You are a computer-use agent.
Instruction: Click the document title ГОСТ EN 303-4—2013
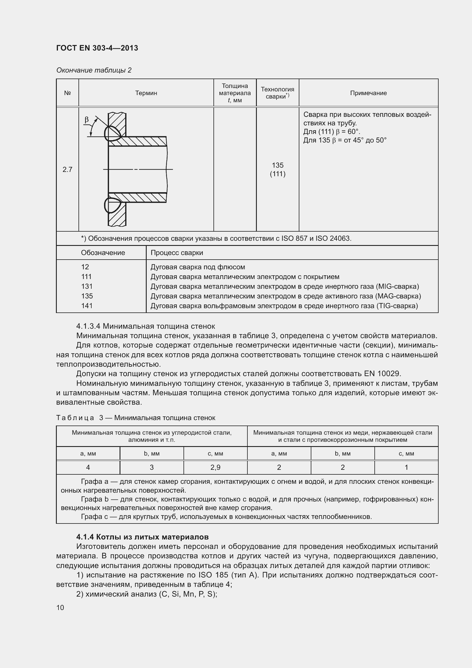(97, 48)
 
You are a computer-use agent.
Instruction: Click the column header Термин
(146, 93)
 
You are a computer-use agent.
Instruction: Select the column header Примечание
(368, 93)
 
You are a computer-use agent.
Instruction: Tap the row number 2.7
(67, 169)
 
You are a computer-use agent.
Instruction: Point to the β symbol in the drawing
(87, 120)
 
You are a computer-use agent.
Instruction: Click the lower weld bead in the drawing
(112, 205)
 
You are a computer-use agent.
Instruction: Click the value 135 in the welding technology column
(278, 165)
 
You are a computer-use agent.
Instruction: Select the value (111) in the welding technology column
(278, 174)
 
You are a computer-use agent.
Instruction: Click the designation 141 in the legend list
(87, 306)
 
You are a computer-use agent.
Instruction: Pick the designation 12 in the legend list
(85, 267)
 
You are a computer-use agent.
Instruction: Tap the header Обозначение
(103, 252)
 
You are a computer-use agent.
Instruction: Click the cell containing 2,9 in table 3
(215, 467)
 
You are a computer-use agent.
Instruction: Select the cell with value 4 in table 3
(88, 467)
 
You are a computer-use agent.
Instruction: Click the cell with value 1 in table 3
(406, 467)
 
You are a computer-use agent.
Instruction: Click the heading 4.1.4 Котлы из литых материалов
(142, 537)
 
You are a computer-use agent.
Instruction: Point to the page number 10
(60, 607)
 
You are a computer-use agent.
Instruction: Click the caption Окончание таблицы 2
(94, 70)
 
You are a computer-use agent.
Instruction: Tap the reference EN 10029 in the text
(382, 374)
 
